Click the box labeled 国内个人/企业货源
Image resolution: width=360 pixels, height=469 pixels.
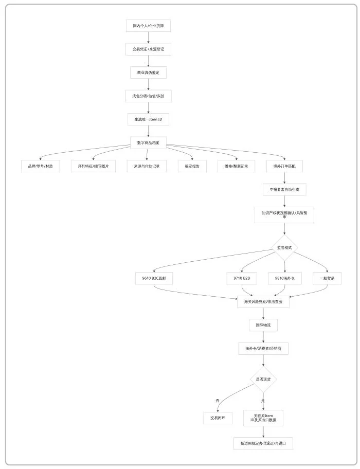click(x=148, y=26)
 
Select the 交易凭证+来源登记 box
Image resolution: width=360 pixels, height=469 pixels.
click(x=148, y=49)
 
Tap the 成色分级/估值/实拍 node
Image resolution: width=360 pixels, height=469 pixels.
click(x=148, y=96)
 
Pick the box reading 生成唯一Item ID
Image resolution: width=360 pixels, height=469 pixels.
click(x=148, y=119)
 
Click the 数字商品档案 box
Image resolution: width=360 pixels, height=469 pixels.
click(x=148, y=142)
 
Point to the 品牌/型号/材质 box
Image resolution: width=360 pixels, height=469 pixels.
click(x=40, y=166)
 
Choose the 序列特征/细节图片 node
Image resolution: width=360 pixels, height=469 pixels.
click(x=93, y=166)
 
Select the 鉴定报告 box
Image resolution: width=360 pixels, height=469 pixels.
click(x=192, y=166)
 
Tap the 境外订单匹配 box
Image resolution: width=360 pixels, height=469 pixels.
click(x=284, y=166)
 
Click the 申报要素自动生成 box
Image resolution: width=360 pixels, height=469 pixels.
click(x=284, y=190)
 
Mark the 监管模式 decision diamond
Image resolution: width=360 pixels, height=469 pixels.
click(x=284, y=248)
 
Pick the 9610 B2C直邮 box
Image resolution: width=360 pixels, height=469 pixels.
click(x=154, y=278)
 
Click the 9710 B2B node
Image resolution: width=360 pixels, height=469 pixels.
click(x=242, y=278)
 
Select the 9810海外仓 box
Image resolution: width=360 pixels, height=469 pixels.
click(x=284, y=278)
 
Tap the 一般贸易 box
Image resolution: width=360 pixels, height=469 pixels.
click(x=327, y=278)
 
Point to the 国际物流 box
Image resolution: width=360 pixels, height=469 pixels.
click(x=263, y=325)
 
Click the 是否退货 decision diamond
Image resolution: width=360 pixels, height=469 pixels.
click(x=263, y=380)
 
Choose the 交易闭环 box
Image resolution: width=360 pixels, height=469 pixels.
click(x=218, y=418)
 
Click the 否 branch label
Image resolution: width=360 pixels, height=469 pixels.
click(x=218, y=401)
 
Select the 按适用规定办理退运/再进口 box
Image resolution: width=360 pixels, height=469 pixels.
click(x=263, y=443)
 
